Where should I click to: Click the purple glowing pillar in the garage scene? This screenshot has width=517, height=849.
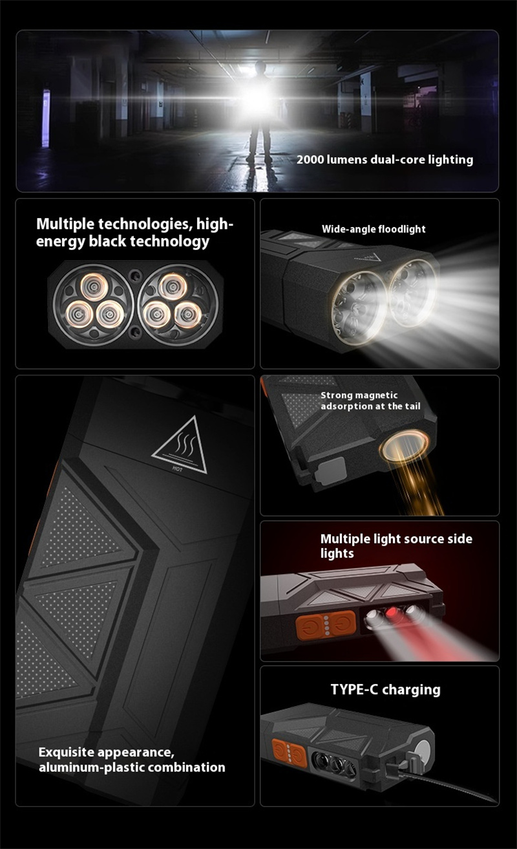point(46,118)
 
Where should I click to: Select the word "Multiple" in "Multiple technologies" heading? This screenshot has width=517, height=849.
point(65,225)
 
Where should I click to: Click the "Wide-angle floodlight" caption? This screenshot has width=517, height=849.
point(374,229)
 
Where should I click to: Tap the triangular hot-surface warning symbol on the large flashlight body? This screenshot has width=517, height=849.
point(180,445)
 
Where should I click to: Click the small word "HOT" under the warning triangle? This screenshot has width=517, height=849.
point(177,469)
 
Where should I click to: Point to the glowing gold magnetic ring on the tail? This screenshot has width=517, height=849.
point(405,447)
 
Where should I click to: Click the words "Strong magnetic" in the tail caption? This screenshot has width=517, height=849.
point(359,395)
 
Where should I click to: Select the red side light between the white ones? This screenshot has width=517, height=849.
point(393,611)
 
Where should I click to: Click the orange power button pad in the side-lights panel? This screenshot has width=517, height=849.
point(326,625)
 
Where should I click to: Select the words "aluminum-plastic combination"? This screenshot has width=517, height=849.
point(132,767)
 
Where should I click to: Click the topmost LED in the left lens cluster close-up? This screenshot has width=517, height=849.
point(94,287)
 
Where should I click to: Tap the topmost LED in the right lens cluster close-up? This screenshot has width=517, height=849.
point(173,286)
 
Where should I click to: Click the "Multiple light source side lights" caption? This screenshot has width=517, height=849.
point(396,546)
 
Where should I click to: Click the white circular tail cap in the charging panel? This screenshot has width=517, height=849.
point(423,752)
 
